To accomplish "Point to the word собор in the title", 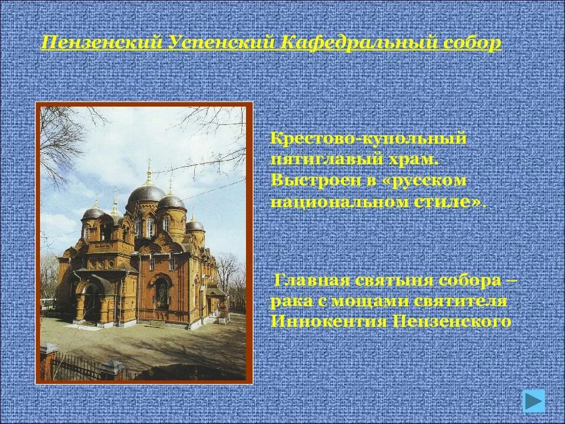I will [x=471, y=43].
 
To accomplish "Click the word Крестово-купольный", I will [x=368, y=140].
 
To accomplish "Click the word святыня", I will [x=391, y=280].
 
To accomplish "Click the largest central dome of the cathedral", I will [x=147, y=192].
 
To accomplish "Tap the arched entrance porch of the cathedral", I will [x=91, y=300].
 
